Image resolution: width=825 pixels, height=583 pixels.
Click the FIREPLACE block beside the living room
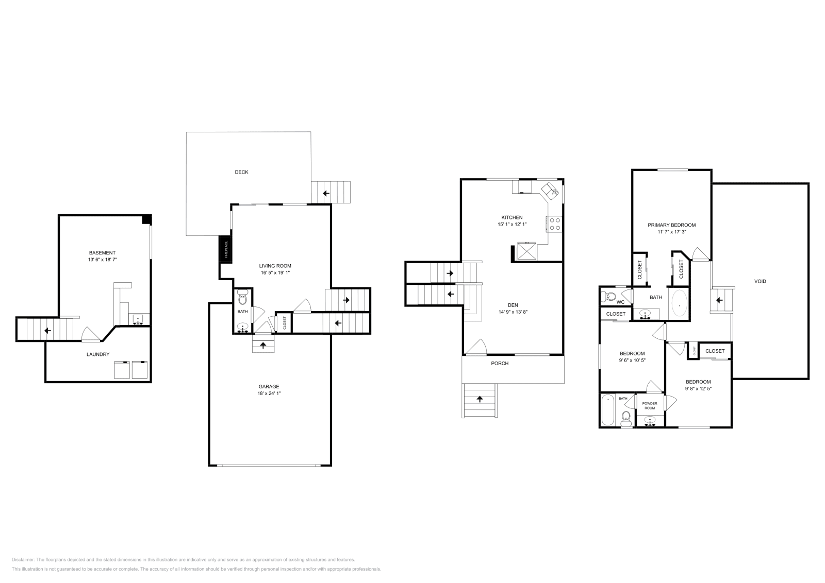(225, 250)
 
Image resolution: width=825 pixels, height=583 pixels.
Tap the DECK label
(241, 172)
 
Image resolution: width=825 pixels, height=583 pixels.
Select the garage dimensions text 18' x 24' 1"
(269, 393)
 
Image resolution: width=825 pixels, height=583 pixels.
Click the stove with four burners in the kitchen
(555, 224)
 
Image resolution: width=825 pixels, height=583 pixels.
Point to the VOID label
(760, 281)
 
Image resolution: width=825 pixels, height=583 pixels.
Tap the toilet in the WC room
(609, 296)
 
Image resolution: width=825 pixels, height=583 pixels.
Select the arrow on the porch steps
(480, 398)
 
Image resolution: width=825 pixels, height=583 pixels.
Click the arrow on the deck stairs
(326, 194)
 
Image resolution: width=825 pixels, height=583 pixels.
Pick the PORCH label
(500, 363)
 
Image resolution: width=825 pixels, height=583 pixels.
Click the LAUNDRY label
(98, 354)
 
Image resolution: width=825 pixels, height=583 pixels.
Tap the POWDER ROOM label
(650, 405)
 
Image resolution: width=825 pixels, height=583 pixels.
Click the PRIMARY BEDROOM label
(671, 225)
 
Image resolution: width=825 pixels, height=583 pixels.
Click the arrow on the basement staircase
(47, 331)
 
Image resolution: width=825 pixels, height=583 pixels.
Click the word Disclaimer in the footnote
(22, 559)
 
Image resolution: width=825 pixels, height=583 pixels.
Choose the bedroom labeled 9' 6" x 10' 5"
(632, 356)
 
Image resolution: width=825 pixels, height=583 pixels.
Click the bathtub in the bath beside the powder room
(607, 410)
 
